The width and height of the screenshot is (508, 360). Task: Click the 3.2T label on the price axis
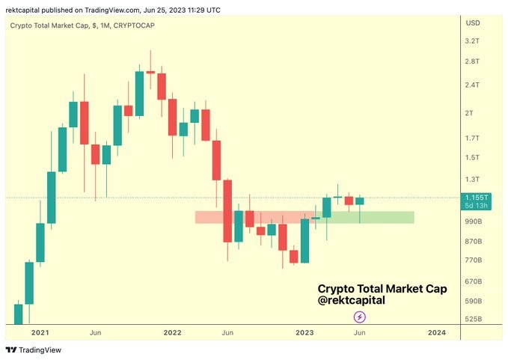point(473,41)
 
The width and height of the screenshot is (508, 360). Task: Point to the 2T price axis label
point(470,113)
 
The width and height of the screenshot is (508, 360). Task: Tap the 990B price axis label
point(474,222)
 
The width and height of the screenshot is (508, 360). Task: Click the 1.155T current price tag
point(474,197)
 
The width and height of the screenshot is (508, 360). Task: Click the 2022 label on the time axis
point(172,332)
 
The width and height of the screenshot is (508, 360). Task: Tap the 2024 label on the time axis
point(437,332)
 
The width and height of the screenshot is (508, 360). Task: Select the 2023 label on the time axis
point(305,332)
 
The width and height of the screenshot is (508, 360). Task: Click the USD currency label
point(473,23)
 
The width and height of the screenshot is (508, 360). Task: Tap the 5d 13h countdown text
point(474,205)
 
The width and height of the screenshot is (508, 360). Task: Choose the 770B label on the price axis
point(474,260)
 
